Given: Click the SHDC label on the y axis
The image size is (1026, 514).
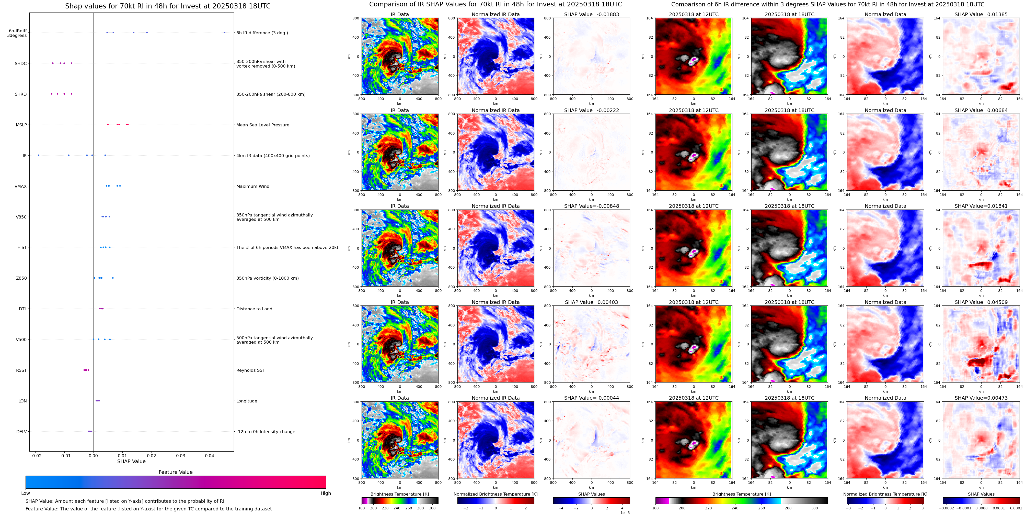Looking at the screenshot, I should pyautogui.click(x=21, y=63).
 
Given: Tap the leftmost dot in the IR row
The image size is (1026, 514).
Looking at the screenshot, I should pyautogui.click(x=39, y=155).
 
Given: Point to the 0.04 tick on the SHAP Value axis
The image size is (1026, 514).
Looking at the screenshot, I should pyautogui.click(x=210, y=456).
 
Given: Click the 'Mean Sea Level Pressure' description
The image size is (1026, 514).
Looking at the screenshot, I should pyautogui.click(x=262, y=125).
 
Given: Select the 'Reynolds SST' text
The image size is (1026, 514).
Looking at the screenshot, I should pyautogui.click(x=250, y=370).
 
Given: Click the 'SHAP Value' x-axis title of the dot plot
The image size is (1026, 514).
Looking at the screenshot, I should pyautogui.click(x=131, y=461).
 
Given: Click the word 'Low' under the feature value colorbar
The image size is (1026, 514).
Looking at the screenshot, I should pyautogui.click(x=26, y=493).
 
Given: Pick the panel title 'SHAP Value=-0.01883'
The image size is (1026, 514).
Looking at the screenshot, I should pyautogui.click(x=592, y=14).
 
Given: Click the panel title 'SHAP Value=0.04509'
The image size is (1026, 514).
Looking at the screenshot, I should pyautogui.click(x=981, y=302).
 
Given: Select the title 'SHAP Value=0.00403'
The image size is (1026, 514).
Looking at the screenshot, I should pyautogui.click(x=592, y=302).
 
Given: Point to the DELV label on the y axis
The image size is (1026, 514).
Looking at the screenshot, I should pyautogui.click(x=21, y=431).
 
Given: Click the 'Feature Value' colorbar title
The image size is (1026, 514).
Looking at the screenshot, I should pyautogui.click(x=176, y=472).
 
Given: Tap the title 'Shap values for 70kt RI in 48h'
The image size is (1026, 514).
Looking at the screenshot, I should pyautogui.click(x=168, y=6).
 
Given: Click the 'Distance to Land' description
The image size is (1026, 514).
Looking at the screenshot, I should pyautogui.click(x=254, y=309).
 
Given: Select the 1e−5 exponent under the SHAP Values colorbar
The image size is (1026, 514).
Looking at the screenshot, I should pyautogui.click(x=625, y=512).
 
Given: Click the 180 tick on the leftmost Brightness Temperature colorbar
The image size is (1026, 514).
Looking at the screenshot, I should pyautogui.click(x=362, y=508).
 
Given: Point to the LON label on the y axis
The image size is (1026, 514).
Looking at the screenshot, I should pyautogui.click(x=23, y=401).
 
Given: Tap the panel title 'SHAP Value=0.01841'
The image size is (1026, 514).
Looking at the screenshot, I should pyautogui.click(x=981, y=206).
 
